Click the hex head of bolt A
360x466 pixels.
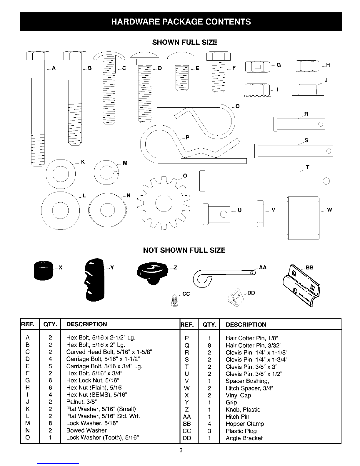tap(38, 56)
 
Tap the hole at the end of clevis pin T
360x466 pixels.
tap(326, 181)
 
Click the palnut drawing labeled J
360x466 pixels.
tap(308, 90)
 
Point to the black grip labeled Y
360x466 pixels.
tap(94, 281)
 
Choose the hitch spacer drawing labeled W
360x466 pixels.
tap(303, 218)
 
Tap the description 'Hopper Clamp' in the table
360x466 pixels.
tap(245, 424)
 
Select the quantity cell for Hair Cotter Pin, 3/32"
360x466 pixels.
tap(209, 345)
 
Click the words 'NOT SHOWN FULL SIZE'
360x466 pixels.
tap(184, 250)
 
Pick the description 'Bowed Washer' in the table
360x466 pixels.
tap(86, 430)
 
